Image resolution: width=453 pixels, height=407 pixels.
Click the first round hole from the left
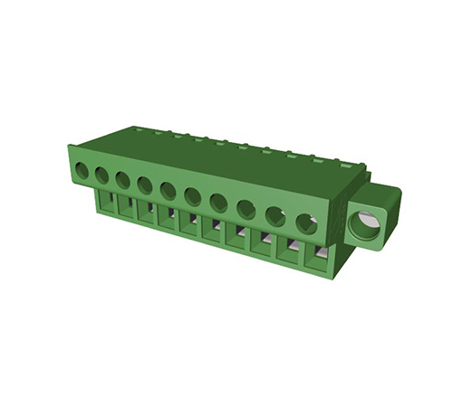coord(82,169)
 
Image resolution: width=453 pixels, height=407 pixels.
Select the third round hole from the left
coord(122,179)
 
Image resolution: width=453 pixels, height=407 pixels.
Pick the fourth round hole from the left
coord(144,185)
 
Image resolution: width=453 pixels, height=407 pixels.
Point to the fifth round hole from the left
coord(168,190)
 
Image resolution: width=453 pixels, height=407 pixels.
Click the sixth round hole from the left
coord(192,196)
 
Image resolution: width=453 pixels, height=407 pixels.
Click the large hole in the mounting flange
coord(366,222)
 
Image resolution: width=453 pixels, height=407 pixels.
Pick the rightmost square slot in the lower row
coord(316,254)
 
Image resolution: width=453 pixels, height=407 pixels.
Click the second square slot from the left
coord(127,206)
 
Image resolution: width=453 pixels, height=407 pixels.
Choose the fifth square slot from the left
coord(190,222)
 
